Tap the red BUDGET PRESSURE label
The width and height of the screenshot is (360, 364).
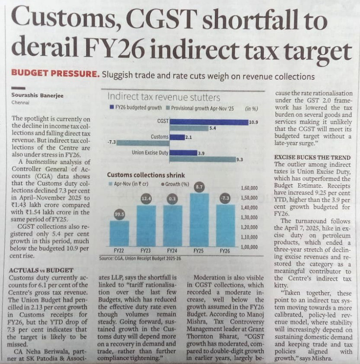point(55,75)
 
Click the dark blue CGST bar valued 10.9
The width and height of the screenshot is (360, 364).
point(209,122)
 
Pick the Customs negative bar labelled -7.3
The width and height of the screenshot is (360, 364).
point(143,143)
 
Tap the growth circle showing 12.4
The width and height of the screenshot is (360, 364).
point(146,198)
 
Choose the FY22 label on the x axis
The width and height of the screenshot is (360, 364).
point(119,251)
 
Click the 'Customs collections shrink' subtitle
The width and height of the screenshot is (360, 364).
point(146,175)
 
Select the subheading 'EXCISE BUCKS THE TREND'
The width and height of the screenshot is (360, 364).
point(312,157)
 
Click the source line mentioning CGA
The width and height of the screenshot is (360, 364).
point(140,258)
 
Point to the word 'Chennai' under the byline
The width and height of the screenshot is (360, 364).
point(20,102)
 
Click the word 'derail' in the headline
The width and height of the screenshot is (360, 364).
point(45,49)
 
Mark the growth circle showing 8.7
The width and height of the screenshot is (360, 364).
point(199,187)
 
